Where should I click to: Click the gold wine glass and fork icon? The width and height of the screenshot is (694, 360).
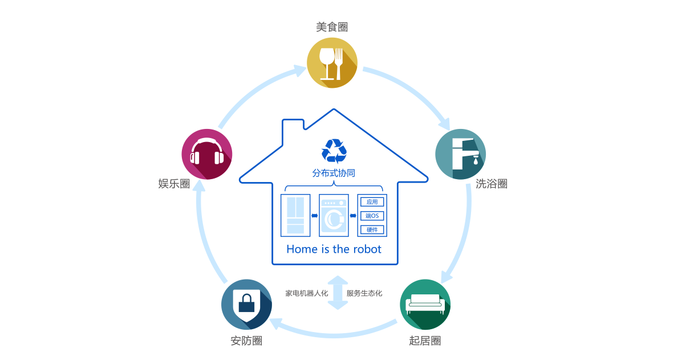332,63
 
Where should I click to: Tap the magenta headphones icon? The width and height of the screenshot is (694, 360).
206,154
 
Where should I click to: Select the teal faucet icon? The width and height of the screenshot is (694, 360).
460,154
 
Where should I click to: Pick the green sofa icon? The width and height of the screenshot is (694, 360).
425,305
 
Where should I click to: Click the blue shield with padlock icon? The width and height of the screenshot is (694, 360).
246,305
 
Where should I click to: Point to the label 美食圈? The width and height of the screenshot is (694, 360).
332,27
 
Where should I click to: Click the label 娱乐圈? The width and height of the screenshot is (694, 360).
174,184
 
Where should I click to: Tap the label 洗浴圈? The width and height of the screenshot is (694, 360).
492,184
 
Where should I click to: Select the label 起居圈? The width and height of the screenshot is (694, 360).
425,341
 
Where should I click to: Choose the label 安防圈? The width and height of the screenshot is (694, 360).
246,341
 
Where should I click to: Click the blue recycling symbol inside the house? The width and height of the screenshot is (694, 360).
334,151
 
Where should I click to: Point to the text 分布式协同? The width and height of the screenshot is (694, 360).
334,173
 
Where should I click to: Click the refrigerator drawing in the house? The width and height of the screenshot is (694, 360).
295,215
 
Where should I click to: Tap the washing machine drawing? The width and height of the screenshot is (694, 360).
334,215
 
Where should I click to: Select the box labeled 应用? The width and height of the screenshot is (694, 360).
372,202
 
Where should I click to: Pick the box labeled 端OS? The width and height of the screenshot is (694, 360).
372,216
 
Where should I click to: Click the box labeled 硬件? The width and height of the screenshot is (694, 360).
372,230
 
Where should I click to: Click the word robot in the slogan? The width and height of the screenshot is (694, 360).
367,249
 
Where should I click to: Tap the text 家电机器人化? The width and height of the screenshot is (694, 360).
306,293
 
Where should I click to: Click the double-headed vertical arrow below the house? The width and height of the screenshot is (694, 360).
338,293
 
